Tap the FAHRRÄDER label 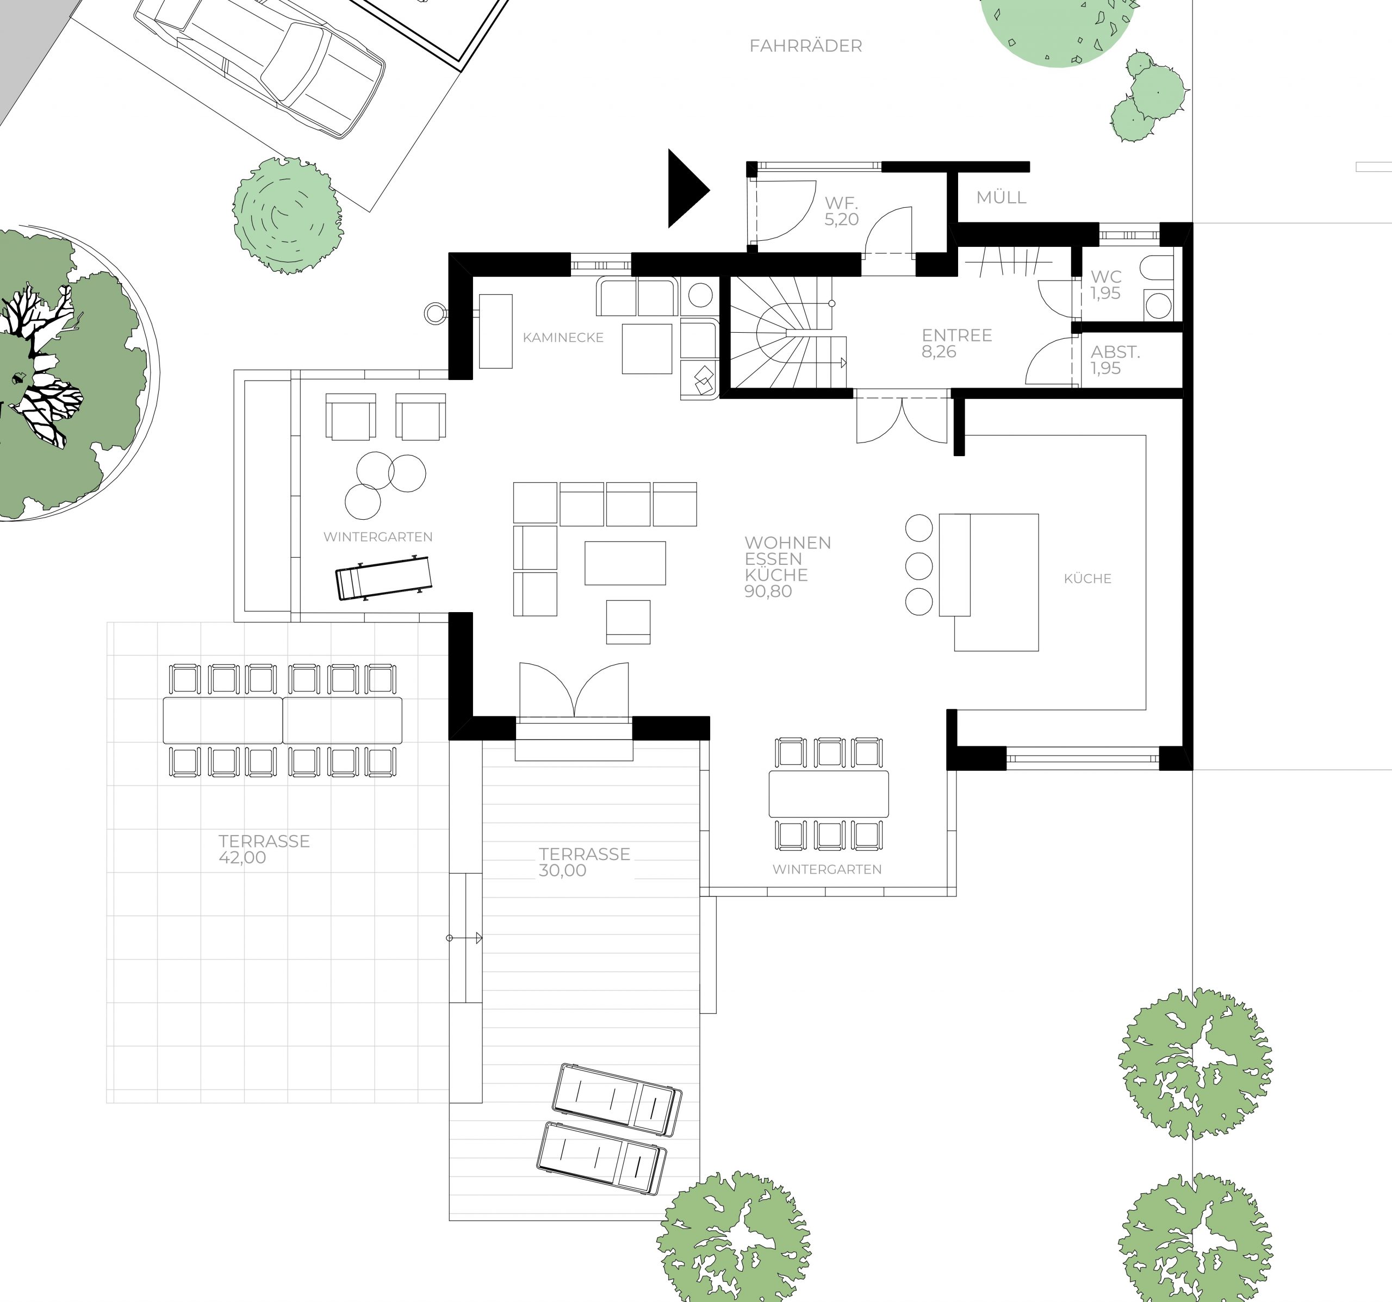tap(805, 46)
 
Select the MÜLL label tap(1001, 197)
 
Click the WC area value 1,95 tap(1105, 294)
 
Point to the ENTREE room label tap(956, 335)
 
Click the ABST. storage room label tap(1115, 352)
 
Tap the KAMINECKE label tap(563, 338)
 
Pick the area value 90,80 tap(768, 591)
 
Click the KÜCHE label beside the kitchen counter tap(1087, 578)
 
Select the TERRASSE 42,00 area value tap(243, 857)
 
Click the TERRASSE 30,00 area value tap(562, 871)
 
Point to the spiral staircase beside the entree tap(788, 331)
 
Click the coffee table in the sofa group tap(625, 563)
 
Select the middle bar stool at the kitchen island tap(918, 565)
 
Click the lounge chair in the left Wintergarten tap(384, 577)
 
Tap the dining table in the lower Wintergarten tap(828, 794)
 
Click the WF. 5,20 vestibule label tap(841, 211)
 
